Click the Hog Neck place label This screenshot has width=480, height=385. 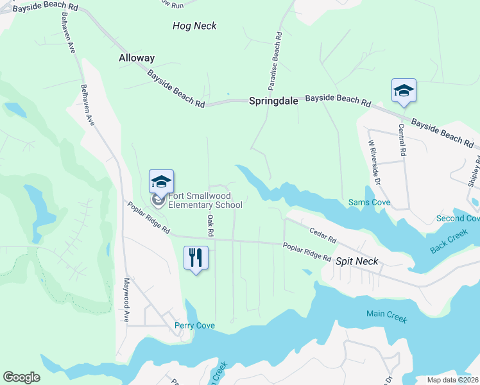tap(194, 26)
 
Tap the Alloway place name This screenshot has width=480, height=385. tap(137, 58)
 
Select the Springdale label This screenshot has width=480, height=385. tap(273, 101)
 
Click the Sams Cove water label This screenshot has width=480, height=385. tap(369, 203)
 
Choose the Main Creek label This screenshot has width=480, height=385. tap(386, 314)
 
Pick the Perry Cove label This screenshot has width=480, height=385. tap(194, 325)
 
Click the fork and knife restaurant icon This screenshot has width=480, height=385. tap(196, 258)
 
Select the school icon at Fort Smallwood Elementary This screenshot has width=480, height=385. tap(161, 182)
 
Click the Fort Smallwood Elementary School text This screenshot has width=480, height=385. tap(205, 200)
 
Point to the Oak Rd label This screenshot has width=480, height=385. tap(210, 224)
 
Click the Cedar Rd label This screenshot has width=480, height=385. tap(323, 235)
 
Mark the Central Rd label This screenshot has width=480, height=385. tap(402, 141)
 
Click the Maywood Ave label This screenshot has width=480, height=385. tap(126, 300)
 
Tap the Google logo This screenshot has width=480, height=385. tap(21, 377)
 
